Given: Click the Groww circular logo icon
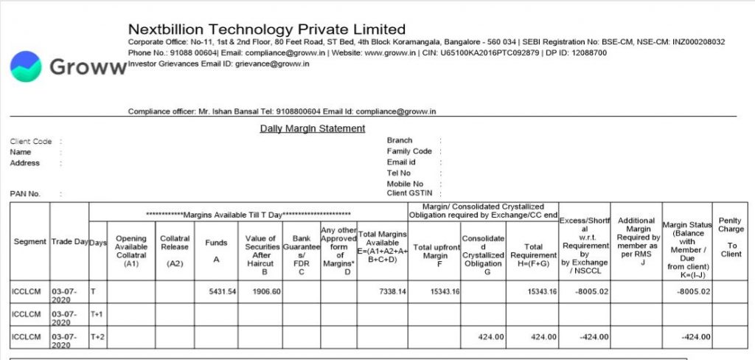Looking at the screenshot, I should (26, 66).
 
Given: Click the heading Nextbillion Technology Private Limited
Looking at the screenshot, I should (267, 30).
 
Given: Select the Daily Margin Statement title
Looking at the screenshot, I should (313, 128).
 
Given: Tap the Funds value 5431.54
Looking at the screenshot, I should (222, 292).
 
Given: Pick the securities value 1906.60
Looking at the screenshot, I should (265, 292).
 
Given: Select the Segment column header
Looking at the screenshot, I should (30, 242).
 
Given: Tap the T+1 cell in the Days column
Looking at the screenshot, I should (97, 314).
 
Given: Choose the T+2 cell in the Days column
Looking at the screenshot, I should (97, 336).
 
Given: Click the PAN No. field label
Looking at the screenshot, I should (25, 194).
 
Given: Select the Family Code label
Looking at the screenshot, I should (409, 151).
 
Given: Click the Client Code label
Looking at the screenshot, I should (31, 141).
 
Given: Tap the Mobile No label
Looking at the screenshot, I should (405, 184).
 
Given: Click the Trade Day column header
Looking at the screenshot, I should (69, 242).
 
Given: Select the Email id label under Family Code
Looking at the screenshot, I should (401, 162).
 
